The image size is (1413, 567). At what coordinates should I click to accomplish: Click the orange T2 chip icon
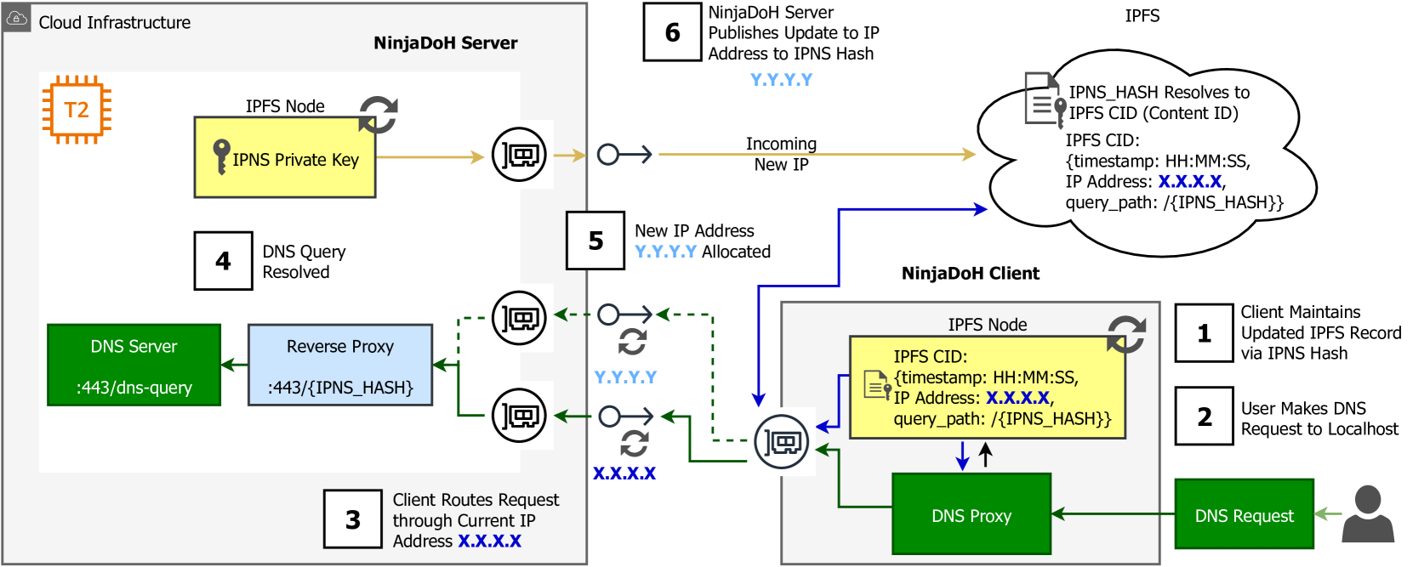click(77, 110)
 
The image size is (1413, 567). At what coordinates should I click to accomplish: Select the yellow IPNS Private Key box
click(285, 157)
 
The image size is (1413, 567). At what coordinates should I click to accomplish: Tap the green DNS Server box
click(134, 365)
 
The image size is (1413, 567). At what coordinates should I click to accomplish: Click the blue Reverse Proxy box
click(340, 365)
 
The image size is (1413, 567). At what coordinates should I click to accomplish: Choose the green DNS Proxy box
click(971, 514)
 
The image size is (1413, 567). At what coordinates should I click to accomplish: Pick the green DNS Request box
click(1244, 514)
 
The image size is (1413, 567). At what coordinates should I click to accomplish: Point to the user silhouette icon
click(1368, 514)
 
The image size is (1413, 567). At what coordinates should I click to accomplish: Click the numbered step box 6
click(672, 32)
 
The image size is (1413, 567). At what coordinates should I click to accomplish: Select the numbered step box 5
click(595, 241)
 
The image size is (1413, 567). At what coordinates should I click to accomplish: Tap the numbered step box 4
click(223, 261)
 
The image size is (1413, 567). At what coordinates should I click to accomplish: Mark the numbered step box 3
click(353, 519)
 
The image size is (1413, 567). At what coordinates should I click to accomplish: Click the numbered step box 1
click(1204, 333)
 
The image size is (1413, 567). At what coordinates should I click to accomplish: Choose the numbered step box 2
click(1204, 417)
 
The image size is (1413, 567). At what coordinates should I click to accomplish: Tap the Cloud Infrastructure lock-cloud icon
click(17, 18)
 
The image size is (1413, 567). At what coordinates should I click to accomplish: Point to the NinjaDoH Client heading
click(970, 274)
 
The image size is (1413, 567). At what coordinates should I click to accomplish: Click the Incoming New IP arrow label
click(781, 154)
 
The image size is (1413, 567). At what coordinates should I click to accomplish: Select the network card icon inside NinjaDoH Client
click(781, 442)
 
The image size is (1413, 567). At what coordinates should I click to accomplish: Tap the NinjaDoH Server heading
click(445, 43)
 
